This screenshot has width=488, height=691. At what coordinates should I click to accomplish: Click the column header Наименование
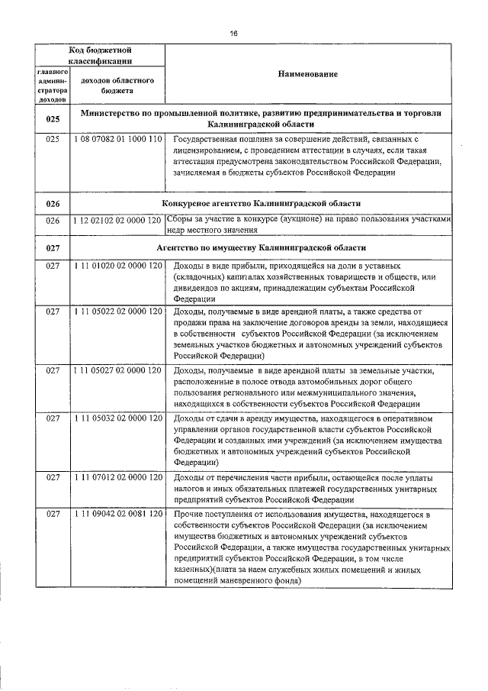pyautogui.click(x=308, y=73)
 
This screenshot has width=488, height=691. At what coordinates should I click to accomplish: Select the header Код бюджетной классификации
pyautogui.click(x=101, y=54)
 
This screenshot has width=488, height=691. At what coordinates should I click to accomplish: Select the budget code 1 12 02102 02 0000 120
pyautogui.click(x=117, y=221)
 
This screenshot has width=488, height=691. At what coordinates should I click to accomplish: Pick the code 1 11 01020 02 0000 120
pyautogui.click(x=117, y=265)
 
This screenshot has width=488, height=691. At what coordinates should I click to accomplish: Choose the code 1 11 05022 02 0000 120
pyautogui.click(x=117, y=312)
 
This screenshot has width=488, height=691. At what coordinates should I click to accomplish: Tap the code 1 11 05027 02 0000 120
pyautogui.click(x=117, y=370)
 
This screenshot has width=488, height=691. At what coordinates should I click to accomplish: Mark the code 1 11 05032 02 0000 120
pyautogui.click(x=117, y=418)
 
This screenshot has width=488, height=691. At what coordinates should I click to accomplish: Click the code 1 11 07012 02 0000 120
pyautogui.click(x=117, y=477)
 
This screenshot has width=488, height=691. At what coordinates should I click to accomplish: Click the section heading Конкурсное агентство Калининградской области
pyautogui.click(x=262, y=203)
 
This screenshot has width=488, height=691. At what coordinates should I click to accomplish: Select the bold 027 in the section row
pyautogui.click(x=53, y=247)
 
